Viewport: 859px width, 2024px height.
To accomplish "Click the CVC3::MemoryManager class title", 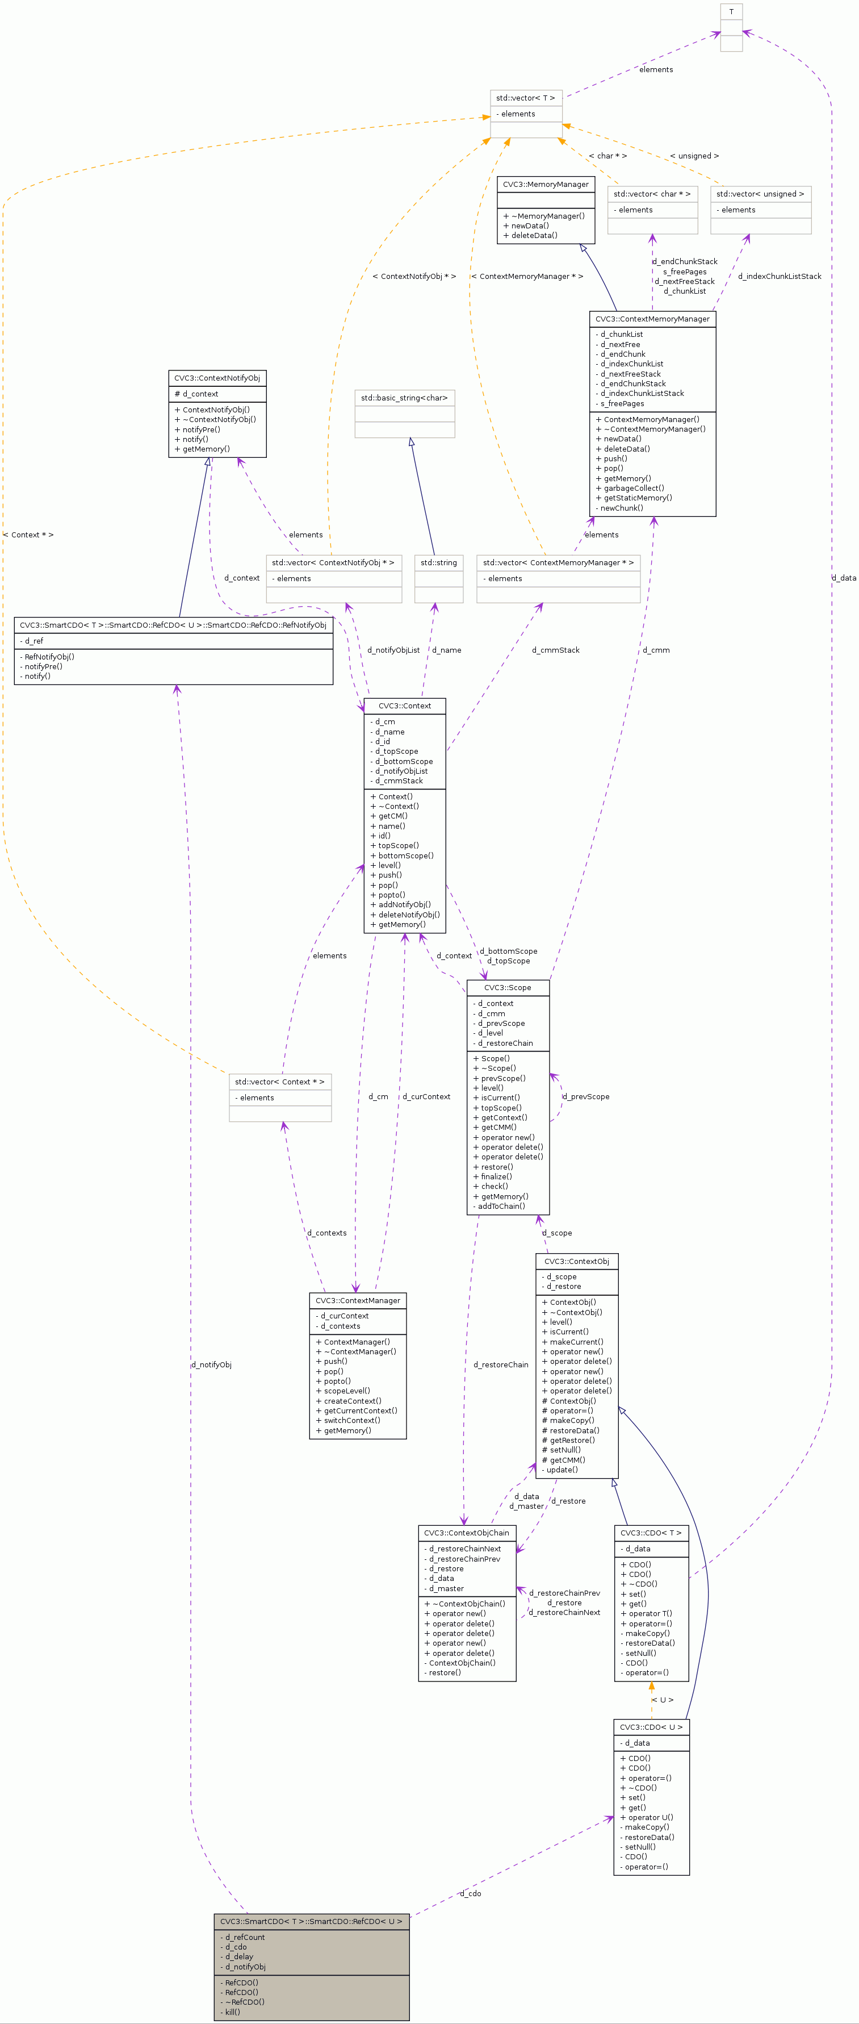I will pyautogui.click(x=546, y=184).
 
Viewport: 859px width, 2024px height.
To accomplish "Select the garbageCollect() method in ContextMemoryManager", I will pyautogui.click(x=634, y=488).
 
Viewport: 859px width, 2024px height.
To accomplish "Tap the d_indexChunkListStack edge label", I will pyautogui.click(x=779, y=277).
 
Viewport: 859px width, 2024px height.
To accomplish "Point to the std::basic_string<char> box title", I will pyautogui.click(x=404, y=398).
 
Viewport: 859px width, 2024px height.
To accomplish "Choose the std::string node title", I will pyautogui.click(x=438, y=562).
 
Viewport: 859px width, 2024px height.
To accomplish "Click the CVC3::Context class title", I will pyautogui.click(x=404, y=706).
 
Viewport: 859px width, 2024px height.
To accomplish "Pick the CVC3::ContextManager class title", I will pyautogui.click(x=357, y=1300).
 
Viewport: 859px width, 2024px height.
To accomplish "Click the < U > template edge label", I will pyautogui.click(x=662, y=1700).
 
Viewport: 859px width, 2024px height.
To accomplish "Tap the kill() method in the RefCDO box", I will pyautogui.click(x=232, y=2012).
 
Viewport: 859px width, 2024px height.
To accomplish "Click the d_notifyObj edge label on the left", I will pyautogui.click(x=211, y=1365).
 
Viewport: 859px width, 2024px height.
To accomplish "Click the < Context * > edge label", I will pyautogui.click(x=28, y=535).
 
